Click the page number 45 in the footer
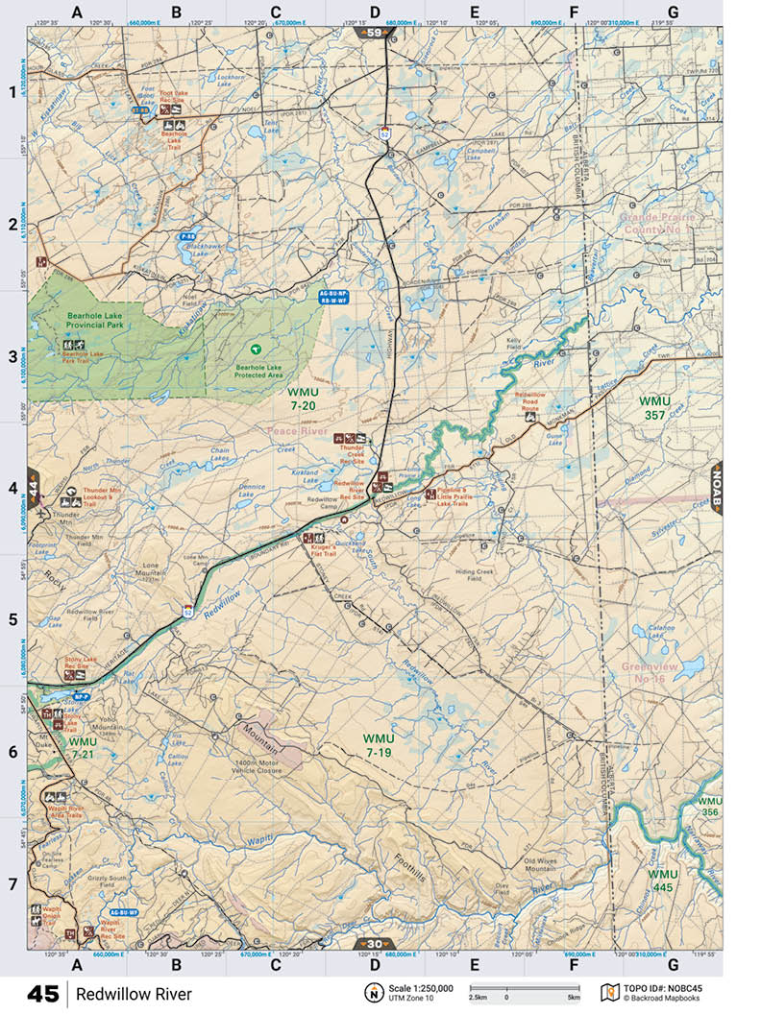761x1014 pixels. (x=42, y=994)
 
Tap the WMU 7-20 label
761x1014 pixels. (x=302, y=399)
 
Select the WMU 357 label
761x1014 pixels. (x=655, y=407)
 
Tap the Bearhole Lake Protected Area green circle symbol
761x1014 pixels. (x=255, y=349)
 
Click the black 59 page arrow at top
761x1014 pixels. (x=374, y=32)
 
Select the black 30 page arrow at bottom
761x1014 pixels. (x=374, y=943)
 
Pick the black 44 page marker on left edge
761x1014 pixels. (x=33, y=484)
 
